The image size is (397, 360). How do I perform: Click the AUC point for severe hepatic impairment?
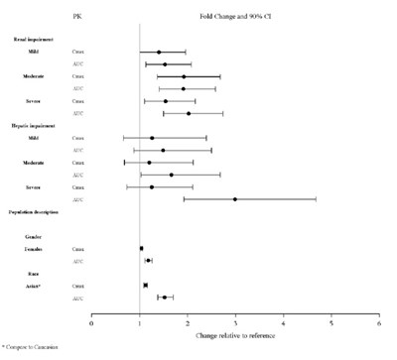point(235,199)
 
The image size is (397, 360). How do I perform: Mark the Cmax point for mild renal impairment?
point(159,52)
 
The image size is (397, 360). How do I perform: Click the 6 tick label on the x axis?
point(379,321)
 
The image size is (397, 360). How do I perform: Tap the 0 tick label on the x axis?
point(92,321)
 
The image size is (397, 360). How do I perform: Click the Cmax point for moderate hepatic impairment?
point(149,162)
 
